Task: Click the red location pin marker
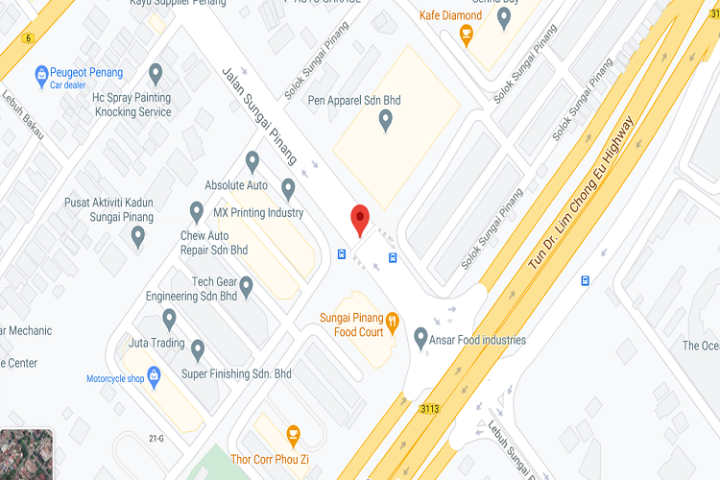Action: tap(360, 219)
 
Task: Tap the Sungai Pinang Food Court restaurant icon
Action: tap(392, 320)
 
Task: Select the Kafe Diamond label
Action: tap(450, 15)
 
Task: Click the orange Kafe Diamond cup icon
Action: tap(467, 36)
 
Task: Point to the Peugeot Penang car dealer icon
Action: tap(41, 74)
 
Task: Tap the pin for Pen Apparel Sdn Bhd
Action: tap(386, 120)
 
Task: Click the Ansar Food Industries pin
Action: tap(420, 338)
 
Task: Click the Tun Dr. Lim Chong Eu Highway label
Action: tap(582, 191)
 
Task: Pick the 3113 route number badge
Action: tap(429, 408)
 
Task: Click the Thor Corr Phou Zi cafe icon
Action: tap(294, 434)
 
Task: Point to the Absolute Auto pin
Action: tap(252, 161)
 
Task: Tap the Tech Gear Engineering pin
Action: tap(246, 285)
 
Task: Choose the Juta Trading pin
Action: tap(169, 319)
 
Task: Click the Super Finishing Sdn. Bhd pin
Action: tap(198, 349)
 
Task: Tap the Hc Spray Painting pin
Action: tap(156, 74)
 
